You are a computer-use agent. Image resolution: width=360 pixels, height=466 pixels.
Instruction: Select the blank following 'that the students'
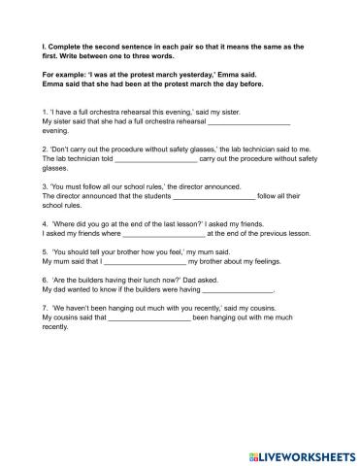coord(213,195)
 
